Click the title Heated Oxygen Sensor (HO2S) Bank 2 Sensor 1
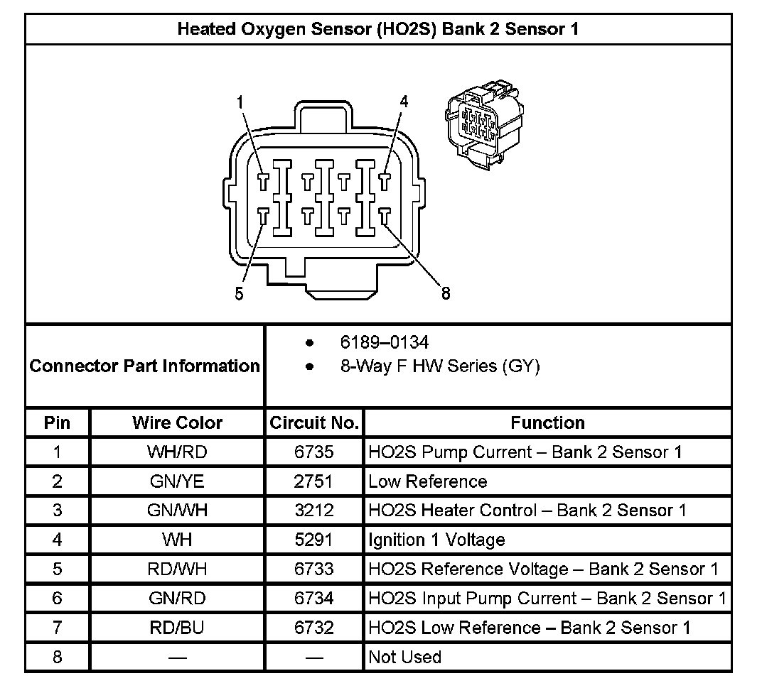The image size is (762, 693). [x=377, y=29]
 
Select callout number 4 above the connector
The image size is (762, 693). [x=404, y=102]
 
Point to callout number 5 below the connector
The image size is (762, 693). [x=239, y=294]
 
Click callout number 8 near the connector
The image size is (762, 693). [x=446, y=293]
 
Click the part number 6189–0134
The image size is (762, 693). [x=384, y=343]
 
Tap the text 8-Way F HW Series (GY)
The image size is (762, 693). [x=439, y=366]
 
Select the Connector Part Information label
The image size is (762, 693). [x=145, y=366]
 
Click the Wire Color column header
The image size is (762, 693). [x=177, y=422]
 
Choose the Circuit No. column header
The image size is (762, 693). [x=313, y=422]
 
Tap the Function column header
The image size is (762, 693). [x=547, y=422]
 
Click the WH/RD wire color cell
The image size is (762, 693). [x=177, y=452]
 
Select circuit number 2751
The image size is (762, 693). [x=313, y=481]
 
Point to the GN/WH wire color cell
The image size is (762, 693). [x=177, y=511]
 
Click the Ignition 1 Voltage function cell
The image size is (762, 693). [x=436, y=540]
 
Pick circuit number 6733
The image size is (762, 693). [x=313, y=569]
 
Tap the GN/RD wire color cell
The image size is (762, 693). [x=177, y=598]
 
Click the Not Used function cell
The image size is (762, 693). [x=404, y=657]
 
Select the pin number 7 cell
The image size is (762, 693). [x=57, y=628]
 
